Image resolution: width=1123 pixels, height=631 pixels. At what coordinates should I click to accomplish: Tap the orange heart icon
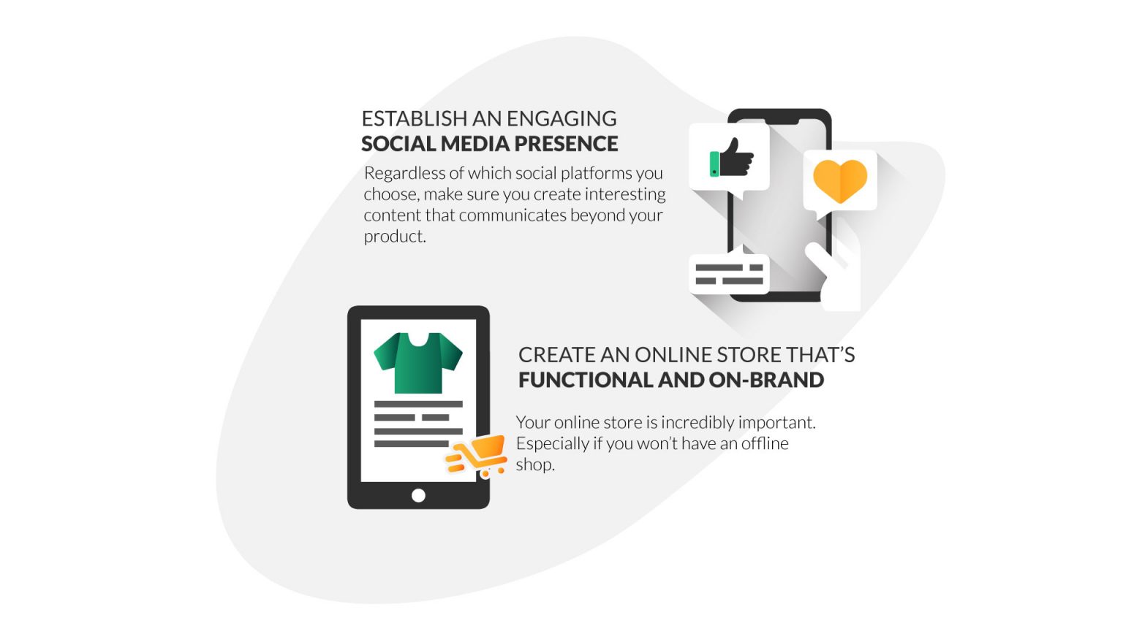840,181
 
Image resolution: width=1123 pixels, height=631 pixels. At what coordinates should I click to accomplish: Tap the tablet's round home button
418,495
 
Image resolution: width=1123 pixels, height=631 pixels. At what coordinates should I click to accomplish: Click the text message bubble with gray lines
729,274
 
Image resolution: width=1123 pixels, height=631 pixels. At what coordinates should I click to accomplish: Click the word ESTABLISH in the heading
414,118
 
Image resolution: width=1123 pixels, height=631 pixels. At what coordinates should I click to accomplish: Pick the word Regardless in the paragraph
404,173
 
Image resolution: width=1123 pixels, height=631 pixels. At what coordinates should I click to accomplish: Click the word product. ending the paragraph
395,237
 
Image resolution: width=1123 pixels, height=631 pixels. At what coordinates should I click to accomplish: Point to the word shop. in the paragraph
535,464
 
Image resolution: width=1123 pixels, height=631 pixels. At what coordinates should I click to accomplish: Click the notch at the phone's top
779,117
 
